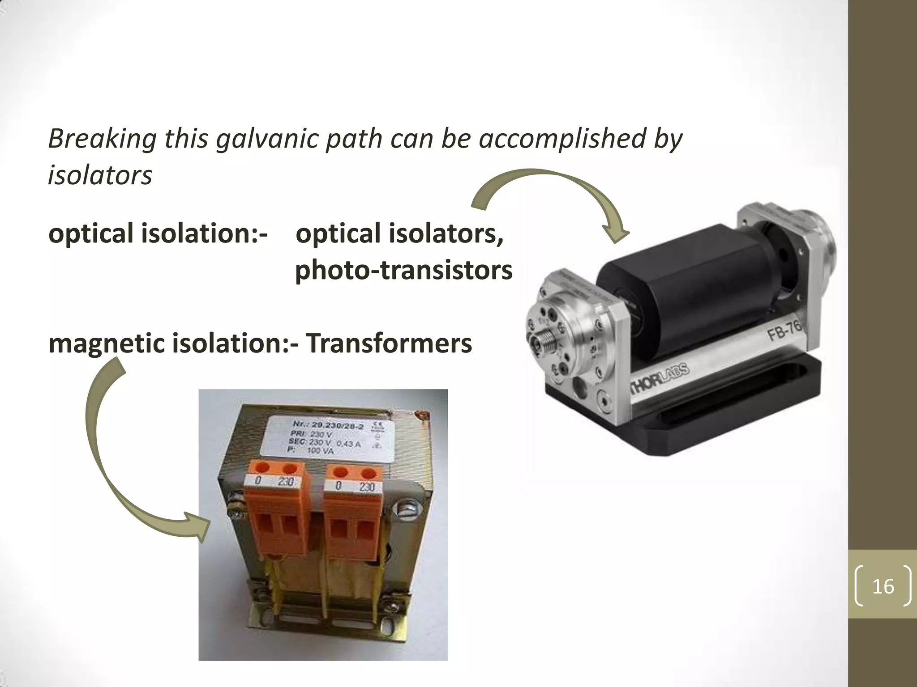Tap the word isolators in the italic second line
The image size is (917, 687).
tap(100, 175)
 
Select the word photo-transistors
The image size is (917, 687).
tap(403, 270)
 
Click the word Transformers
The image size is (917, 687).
tap(389, 343)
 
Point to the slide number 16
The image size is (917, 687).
tap(883, 586)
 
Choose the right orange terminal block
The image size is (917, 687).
tap(353, 510)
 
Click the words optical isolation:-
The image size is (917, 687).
tap(158, 234)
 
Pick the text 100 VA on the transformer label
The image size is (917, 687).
tap(320, 451)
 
